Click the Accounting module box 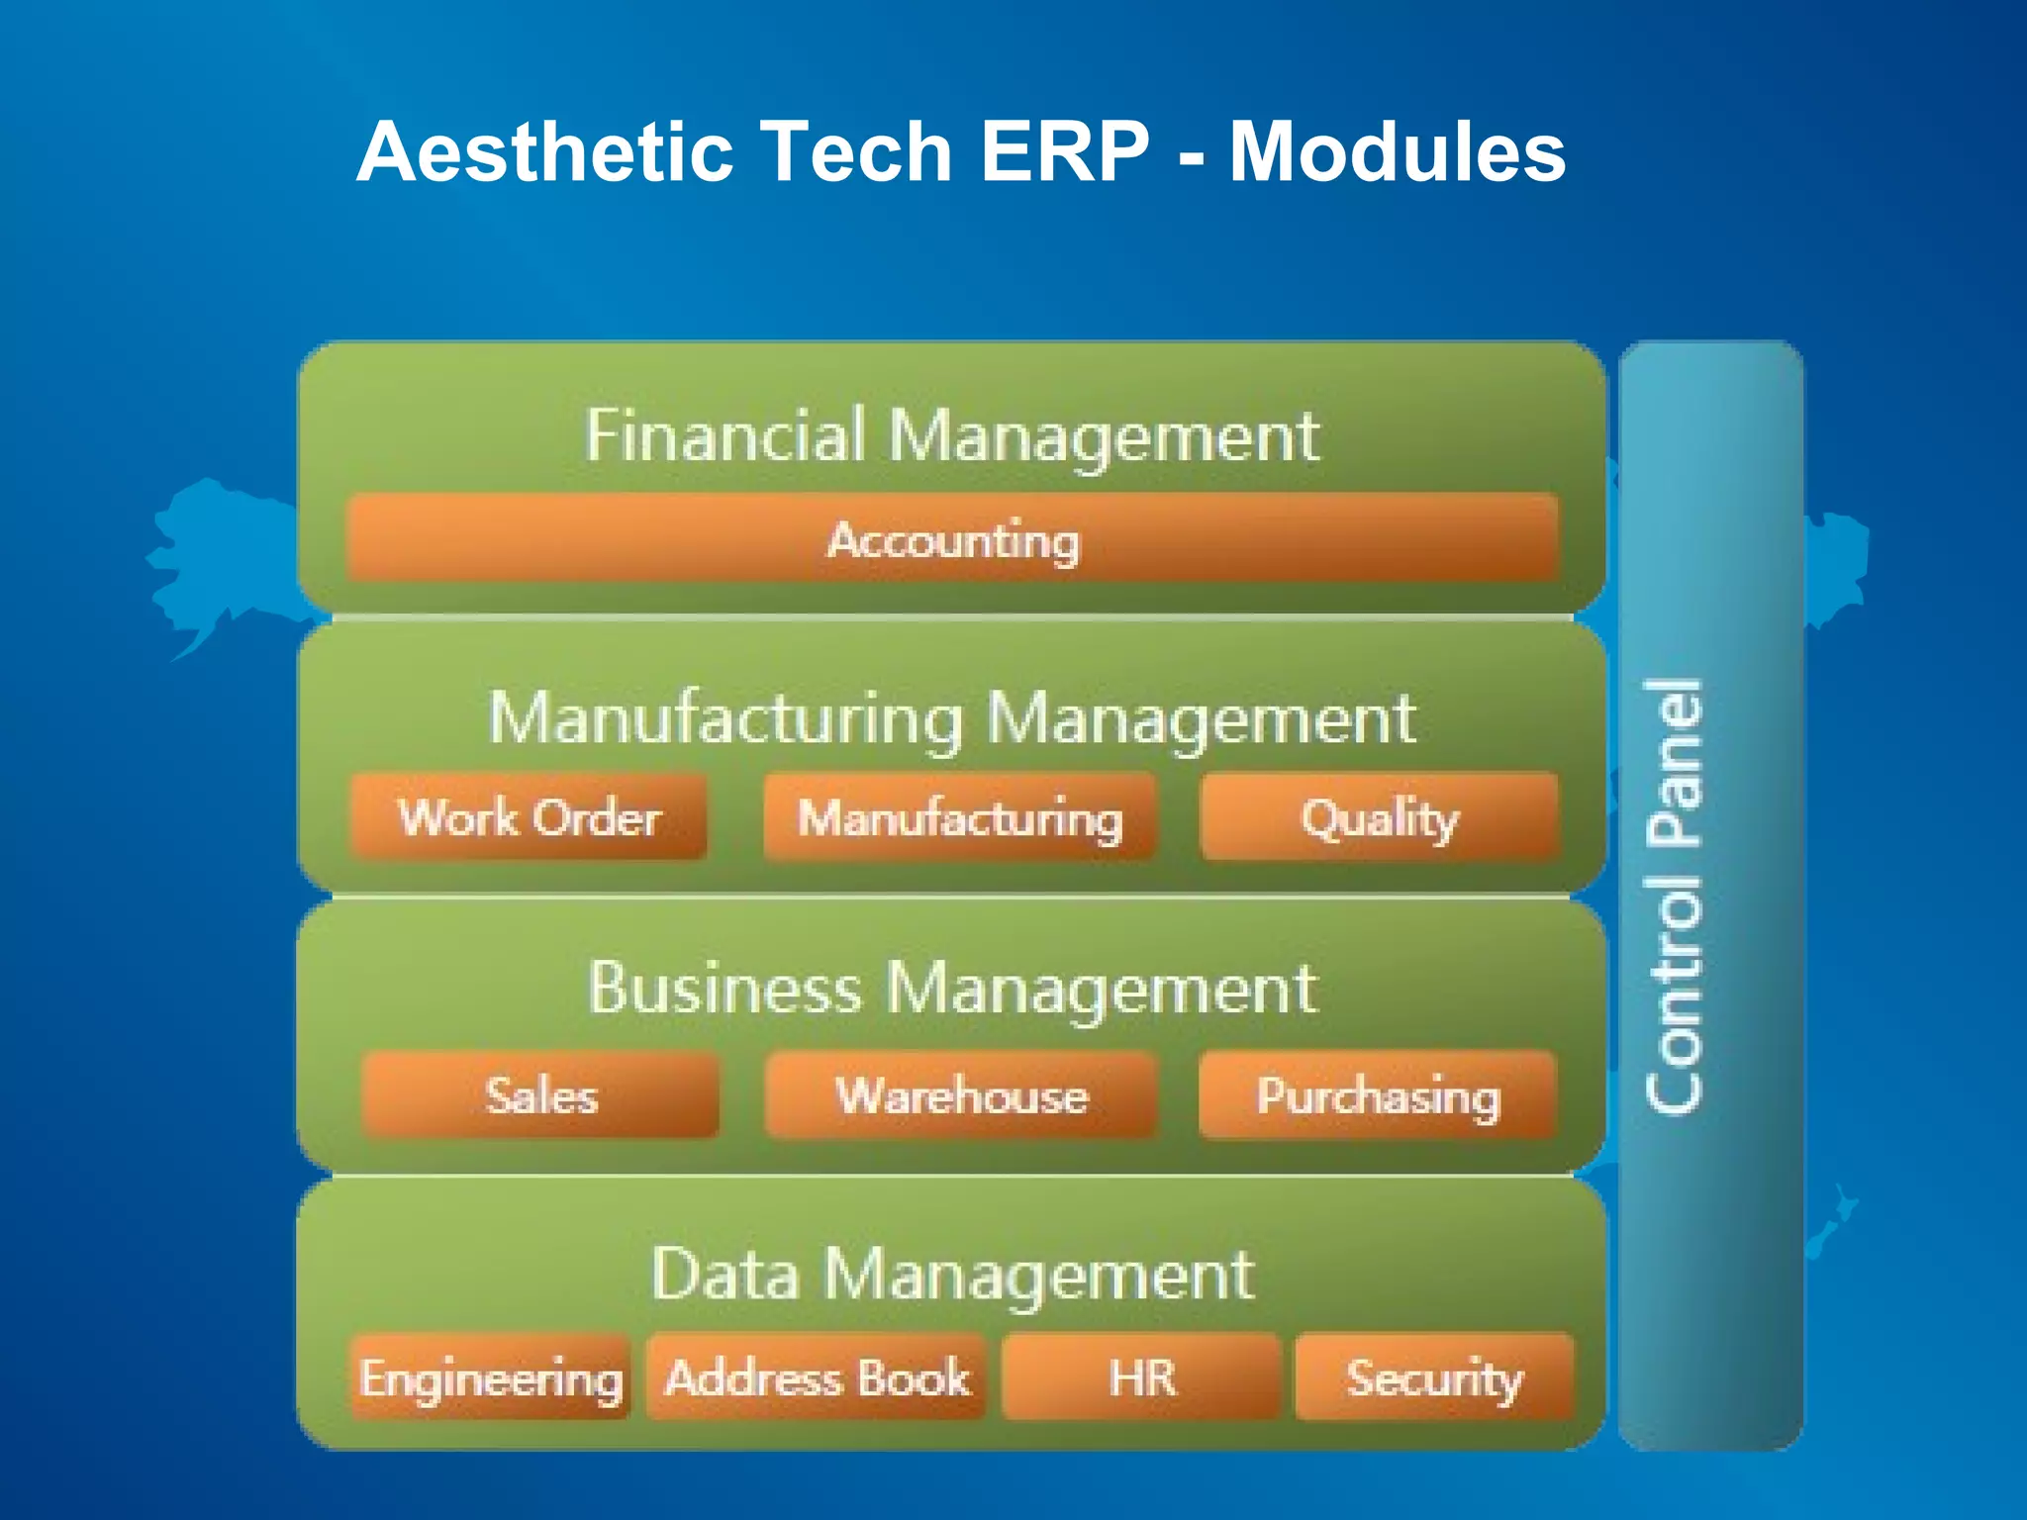953,538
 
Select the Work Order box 529,816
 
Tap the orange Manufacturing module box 959,817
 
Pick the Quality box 1379,817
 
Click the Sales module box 540,1094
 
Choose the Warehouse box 960,1094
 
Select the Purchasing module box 1377,1094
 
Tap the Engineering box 491,1377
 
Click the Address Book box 817,1377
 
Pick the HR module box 1141,1377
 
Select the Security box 1433,1377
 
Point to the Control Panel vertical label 1675,896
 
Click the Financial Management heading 951,435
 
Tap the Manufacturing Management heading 951,718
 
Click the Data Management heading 951,1274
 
